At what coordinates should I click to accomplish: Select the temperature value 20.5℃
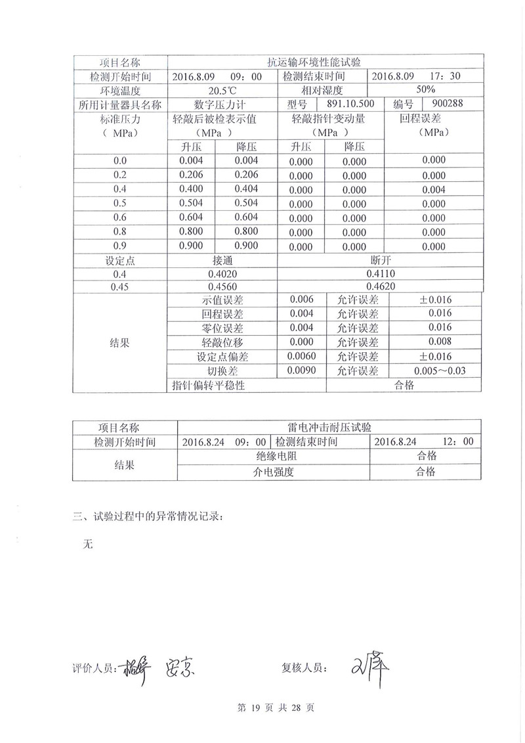coord(223,91)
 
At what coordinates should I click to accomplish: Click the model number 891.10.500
coord(350,103)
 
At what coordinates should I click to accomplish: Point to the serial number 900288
coord(448,103)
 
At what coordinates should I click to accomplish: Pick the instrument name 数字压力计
coord(223,104)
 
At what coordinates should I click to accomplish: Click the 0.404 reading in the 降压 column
coord(246,189)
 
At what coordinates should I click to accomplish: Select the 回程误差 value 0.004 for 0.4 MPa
coord(434,190)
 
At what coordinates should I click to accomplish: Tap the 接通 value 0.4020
coord(223,273)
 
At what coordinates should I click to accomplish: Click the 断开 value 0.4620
coord(381,287)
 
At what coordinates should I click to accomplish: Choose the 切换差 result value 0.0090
coord(301,371)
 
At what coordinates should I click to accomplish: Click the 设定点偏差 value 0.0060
coord(301,356)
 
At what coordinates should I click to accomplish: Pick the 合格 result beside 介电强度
coord(425,471)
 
